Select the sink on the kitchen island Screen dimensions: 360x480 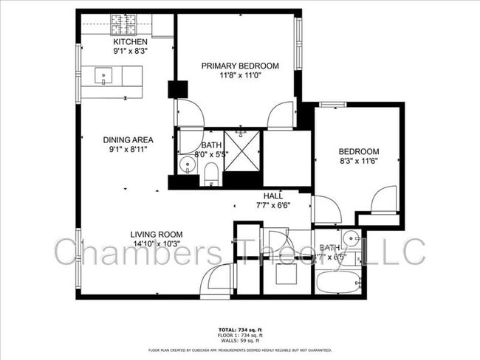pyautogui.click(x=103, y=75)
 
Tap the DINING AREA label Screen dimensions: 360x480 pyautogui.click(x=128, y=139)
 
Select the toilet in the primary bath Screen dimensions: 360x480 pyautogui.click(x=210, y=173)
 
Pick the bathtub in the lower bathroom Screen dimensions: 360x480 pyautogui.click(x=338, y=283)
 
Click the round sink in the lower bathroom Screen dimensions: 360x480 pyautogui.click(x=353, y=238)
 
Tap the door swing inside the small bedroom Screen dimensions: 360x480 pyautogui.click(x=383, y=199)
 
